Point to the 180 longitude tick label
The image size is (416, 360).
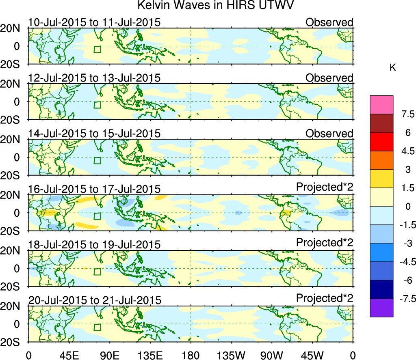pyautogui.click(x=191, y=355)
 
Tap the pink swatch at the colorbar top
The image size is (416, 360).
pyautogui.click(x=381, y=105)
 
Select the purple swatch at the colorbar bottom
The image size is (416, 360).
pyautogui.click(x=381, y=308)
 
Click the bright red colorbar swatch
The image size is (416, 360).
pyautogui.click(x=381, y=142)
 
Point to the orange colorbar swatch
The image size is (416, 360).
pyautogui.click(x=381, y=160)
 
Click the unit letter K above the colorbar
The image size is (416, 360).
pyautogui.click(x=392, y=68)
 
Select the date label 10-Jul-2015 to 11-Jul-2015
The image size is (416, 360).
pyautogui.click(x=94, y=22)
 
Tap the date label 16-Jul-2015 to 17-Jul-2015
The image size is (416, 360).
pyautogui.click(x=94, y=189)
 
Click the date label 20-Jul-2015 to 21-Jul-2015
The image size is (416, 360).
pyautogui.click(x=94, y=300)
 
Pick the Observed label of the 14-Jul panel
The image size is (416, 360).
pyautogui.click(x=329, y=134)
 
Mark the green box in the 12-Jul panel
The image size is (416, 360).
pyautogui.click(x=97, y=105)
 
